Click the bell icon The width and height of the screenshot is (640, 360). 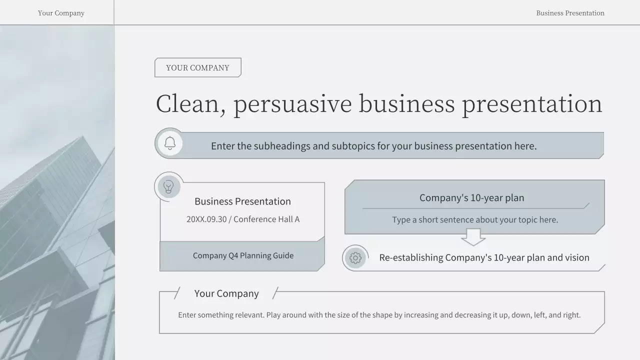[170, 143]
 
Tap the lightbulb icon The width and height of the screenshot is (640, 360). [169, 187]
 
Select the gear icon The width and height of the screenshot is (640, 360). [355, 258]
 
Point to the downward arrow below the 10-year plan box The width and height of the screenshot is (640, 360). [473, 237]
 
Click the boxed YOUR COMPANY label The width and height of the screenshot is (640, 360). [197, 67]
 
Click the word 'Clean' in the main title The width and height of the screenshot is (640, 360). [187, 104]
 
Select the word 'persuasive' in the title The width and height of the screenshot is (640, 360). [292, 104]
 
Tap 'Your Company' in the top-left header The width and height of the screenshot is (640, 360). [61, 13]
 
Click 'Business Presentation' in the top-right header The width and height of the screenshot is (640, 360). [570, 13]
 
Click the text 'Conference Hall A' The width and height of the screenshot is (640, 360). [266, 219]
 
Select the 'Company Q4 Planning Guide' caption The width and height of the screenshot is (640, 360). [243, 255]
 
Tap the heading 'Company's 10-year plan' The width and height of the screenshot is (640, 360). [471, 197]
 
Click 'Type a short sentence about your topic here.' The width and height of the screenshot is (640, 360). [474, 219]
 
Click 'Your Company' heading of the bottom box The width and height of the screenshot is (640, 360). [226, 293]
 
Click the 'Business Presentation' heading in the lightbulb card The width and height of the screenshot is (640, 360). [242, 201]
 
